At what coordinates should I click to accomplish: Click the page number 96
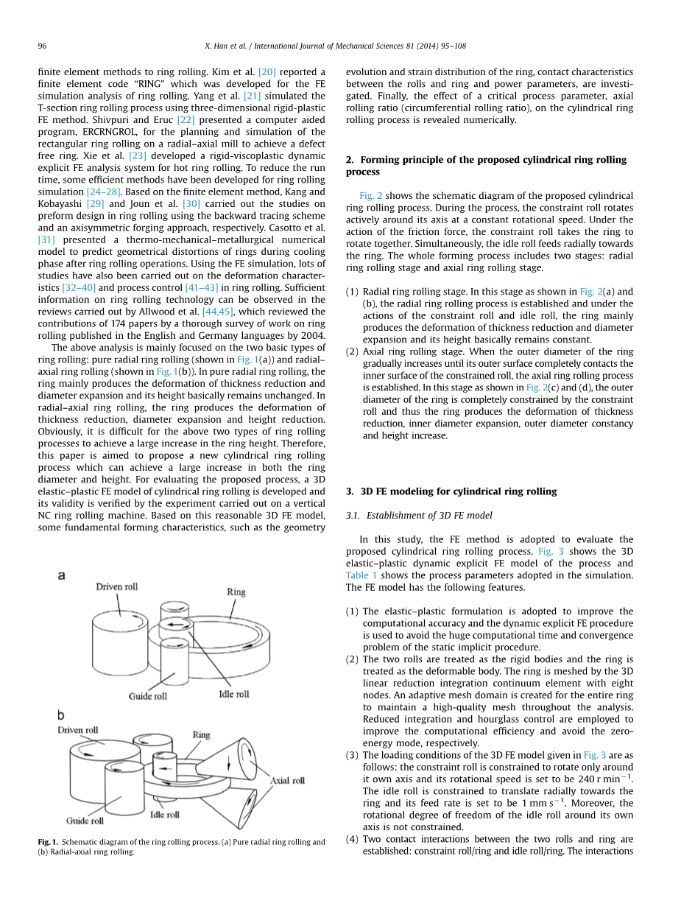(42, 46)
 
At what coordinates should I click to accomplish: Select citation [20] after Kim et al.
(267, 72)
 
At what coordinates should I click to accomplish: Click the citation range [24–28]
(103, 192)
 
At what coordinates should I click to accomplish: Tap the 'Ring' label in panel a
(236, 592)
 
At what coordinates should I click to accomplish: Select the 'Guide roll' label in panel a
(148, 696)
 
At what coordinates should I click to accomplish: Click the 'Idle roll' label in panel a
(233, 694)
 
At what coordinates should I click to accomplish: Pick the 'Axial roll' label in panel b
(287, 780)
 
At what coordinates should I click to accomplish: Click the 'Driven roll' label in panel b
(78, 730)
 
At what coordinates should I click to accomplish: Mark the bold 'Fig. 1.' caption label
(49, 842)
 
